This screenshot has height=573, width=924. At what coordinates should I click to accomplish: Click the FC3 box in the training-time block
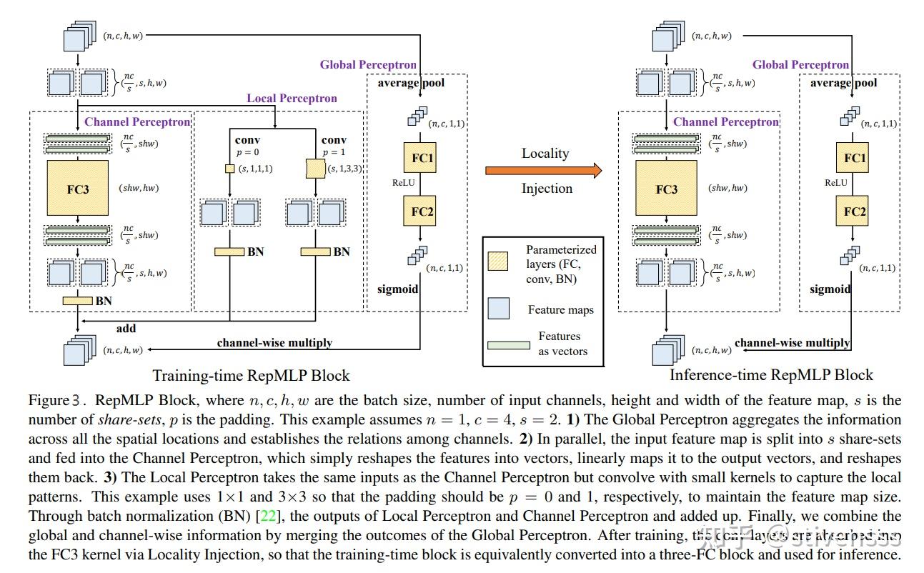point(78,188)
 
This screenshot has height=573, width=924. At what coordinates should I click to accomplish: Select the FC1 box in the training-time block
point(422,156)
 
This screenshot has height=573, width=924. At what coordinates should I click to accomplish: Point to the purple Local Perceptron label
point(292,98)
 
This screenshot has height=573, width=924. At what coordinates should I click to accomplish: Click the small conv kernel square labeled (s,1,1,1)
point(229,169)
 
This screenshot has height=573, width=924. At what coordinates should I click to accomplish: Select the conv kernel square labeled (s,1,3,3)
point(315,169)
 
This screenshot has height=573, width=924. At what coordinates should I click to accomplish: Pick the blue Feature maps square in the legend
point(498,309)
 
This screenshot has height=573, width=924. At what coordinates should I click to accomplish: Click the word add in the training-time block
point(126,329)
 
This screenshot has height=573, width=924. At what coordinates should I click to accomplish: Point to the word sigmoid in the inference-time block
point(830,289)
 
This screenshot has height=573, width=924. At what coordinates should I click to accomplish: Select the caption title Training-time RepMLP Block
point(251,375)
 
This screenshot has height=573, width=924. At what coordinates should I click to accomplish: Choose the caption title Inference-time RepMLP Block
point(771,375)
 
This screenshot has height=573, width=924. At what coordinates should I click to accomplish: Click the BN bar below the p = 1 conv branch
point(315,251)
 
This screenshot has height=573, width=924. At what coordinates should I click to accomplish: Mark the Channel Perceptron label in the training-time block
point(137,121)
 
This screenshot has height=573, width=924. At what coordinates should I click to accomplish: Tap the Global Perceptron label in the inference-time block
point(800,65)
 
